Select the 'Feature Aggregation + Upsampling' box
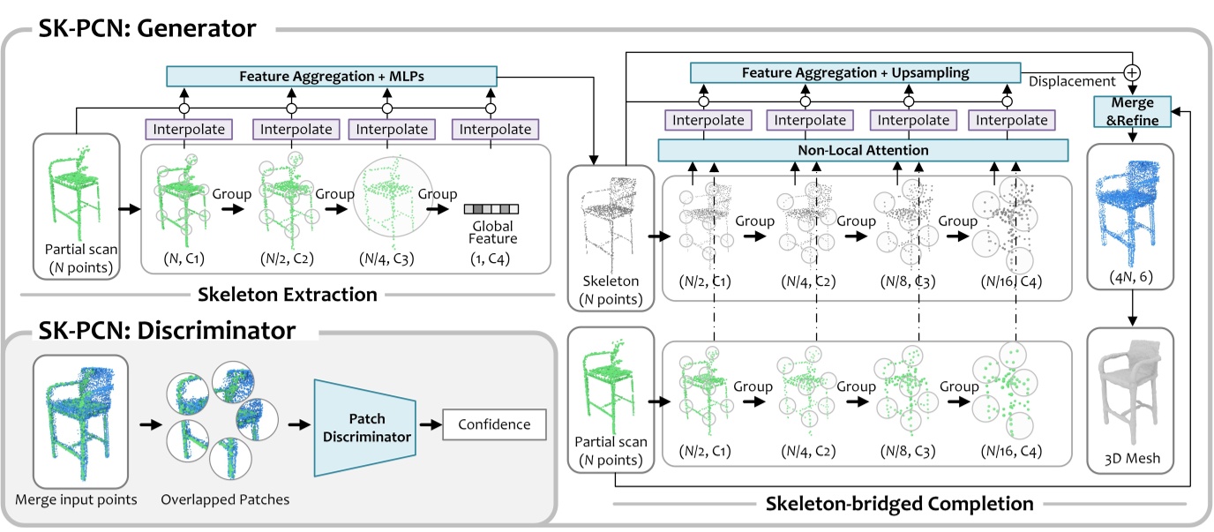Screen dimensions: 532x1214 coord(854,71)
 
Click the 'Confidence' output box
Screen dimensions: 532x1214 coord(494,424)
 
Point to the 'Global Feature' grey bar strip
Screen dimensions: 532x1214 coord(491,209)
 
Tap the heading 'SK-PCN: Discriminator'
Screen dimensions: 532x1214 coord(167,332)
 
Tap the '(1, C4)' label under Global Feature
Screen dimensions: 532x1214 coord(491,259)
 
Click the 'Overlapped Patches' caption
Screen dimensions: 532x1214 coord(225,499)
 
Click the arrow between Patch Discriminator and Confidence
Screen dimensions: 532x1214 coord(430,424)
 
